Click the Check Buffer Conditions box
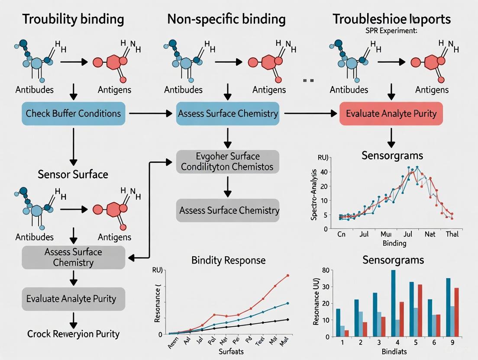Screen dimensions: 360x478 click(73, 114)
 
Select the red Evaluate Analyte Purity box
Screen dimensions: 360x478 click(391, 114)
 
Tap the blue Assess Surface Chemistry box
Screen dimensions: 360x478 click(228, 114)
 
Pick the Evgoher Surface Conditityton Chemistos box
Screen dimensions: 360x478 click(228, 161)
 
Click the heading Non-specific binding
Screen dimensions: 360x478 click(226, 19)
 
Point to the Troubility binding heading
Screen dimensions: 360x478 click(73, 19)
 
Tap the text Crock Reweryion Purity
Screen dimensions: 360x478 click(73, 334)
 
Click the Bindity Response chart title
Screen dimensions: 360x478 click(228, 260)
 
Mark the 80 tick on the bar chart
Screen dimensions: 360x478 click(326, 270)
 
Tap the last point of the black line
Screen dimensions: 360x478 click(288, 319)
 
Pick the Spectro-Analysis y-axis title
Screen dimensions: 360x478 click(315, 196)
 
